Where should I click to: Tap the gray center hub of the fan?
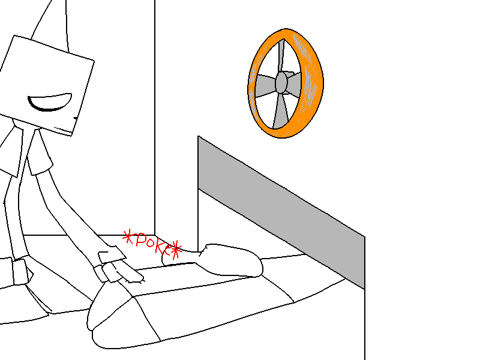coord(281,82)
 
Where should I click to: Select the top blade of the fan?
coord(281,56)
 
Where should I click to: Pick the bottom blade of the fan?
coord(280,111)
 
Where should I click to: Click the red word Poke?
coord(153,244)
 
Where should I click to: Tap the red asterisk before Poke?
coord(128,236)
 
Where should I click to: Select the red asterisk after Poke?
coord(176,250)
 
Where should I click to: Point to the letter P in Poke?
coord(141,239)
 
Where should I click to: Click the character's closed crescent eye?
coord(50,102)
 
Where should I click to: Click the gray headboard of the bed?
coord(281,211)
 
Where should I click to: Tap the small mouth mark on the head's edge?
coord(76,118)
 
